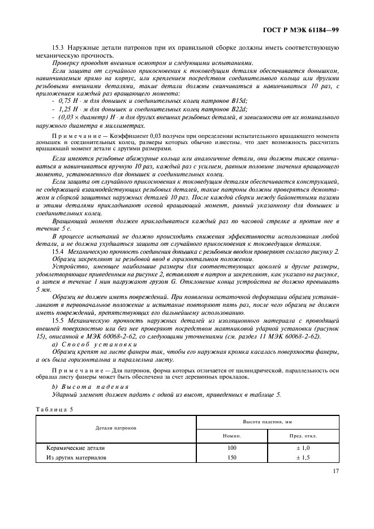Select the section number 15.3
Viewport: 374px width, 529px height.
pos(58,48)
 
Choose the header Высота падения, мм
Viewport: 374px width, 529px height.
pos(267,422)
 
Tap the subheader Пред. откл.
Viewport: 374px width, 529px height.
pos(303,436)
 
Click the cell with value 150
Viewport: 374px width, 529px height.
pos(232,457)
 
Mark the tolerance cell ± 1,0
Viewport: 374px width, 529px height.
pos(303,448)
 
